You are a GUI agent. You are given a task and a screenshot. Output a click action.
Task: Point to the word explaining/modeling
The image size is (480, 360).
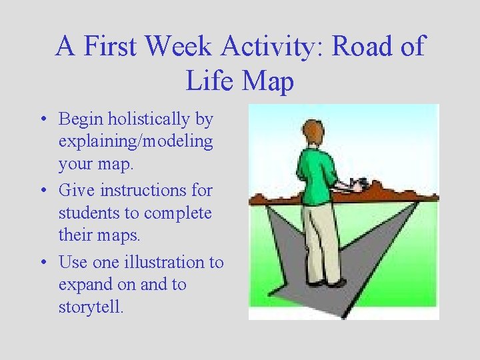pos(136,141)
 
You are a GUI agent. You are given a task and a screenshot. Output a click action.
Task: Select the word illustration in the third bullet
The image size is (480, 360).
pos(161,262)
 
